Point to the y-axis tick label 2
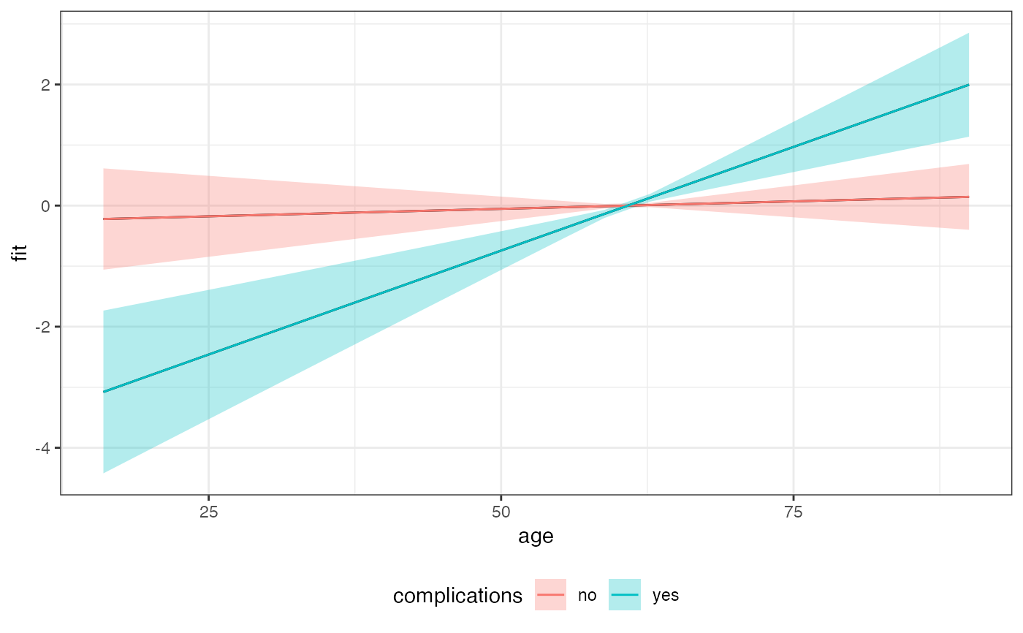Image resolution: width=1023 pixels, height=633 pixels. pyautogui.click(x=45, y=85)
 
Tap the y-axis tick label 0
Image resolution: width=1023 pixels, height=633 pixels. pyautogui.click(x=45, y=206)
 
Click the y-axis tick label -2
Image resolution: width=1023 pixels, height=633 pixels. pyautogui.click(x=42, y=327)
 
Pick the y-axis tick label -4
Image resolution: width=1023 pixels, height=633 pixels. pyautogui.click(x=42, y=448)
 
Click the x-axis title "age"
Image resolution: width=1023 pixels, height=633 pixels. pyautogui.click(x=536, y=537)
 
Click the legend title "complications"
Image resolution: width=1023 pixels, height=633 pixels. pyautogui.click(x=457, y=596)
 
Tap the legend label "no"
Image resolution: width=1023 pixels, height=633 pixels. pyautogui.click(x=587, y=596)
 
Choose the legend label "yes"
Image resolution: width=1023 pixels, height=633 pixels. pyautogui.click(x=666, y=596)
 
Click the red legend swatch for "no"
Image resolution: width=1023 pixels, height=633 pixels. pyautogui.click(x=550, y=595)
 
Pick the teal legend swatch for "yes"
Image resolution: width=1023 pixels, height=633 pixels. pyautogui.click(x=625, y=595)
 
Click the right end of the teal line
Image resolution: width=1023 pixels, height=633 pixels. pyautogui.click(x=969, y=85)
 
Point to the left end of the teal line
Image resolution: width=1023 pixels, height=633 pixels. pyautogui.click(x=104, y=392)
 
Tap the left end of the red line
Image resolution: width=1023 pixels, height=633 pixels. pyautogui.click(x=104, y=219)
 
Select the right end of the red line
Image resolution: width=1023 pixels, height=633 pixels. pyautogui.click(x=969, y=197)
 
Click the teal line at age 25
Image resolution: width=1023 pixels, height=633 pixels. pyautogui.click(x=208, y=355)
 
